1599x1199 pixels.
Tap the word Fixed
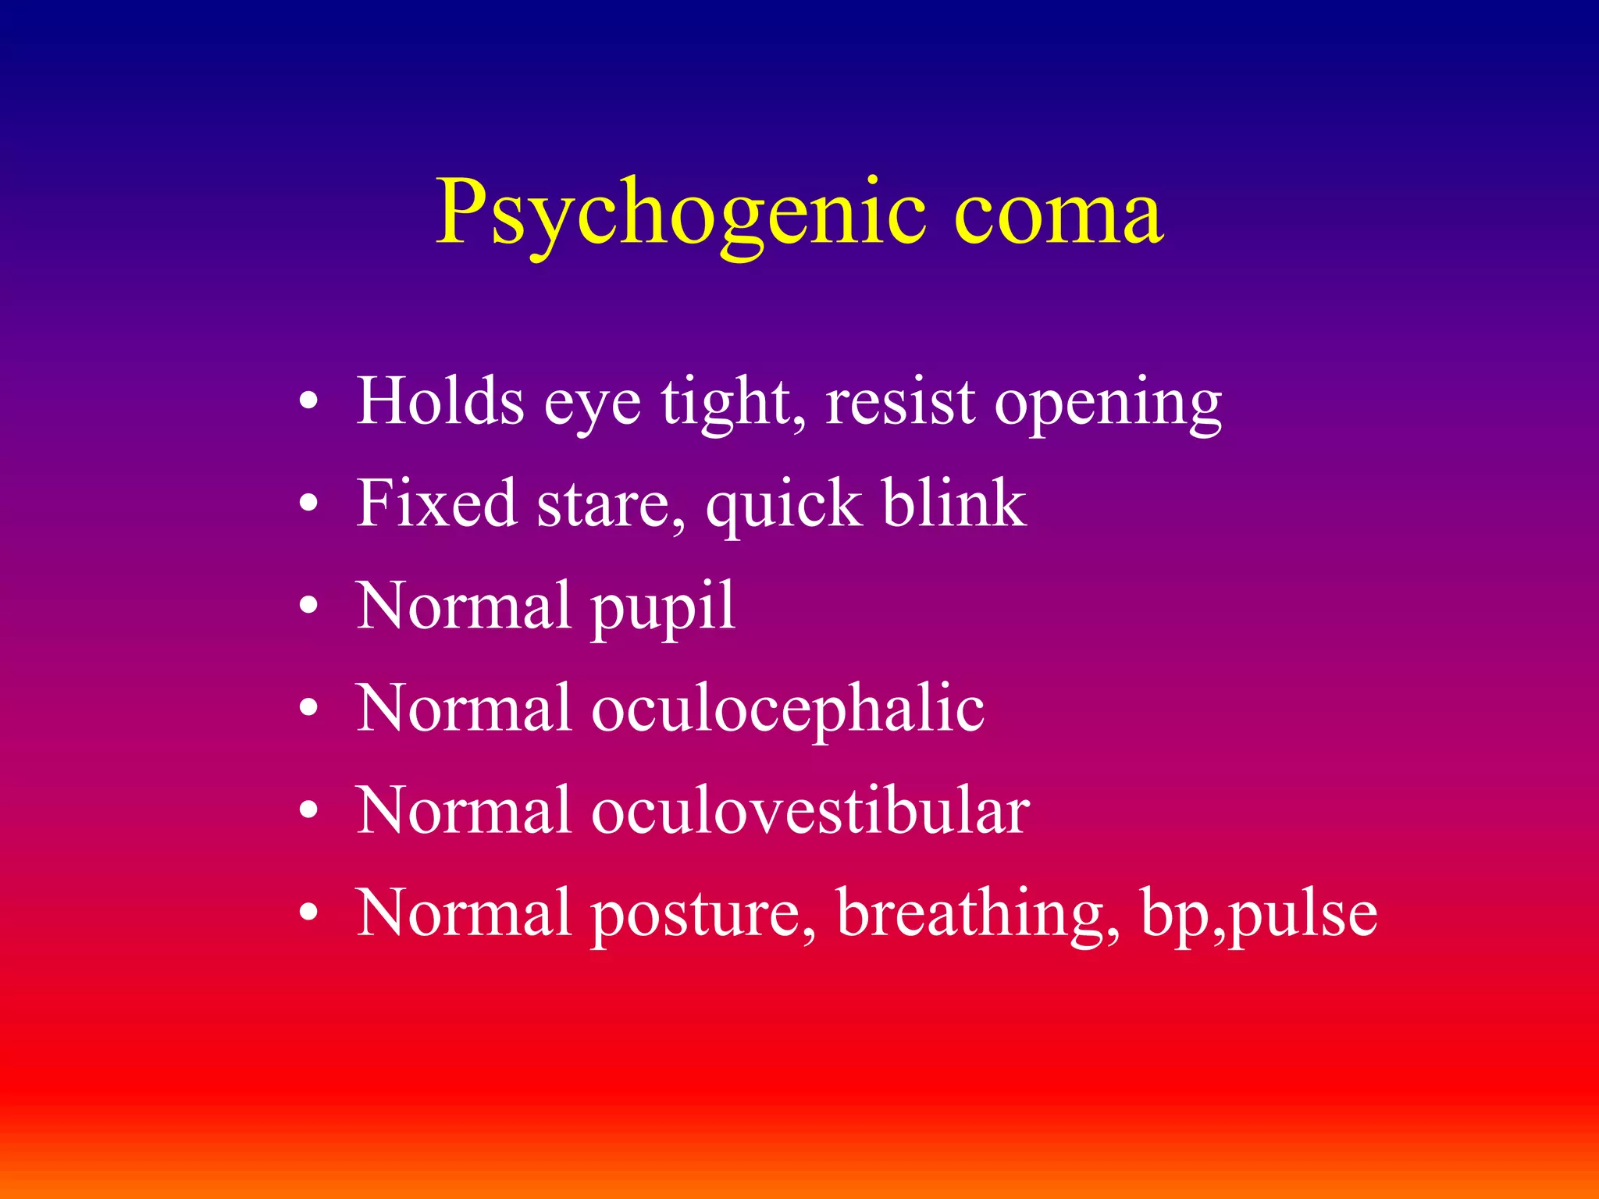click(x=436, y=503)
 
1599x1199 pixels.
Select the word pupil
click(x=663, y=608)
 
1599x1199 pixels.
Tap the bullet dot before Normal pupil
click(x=309, y=607)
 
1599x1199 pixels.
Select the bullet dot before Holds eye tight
click(x=309, y=402)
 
